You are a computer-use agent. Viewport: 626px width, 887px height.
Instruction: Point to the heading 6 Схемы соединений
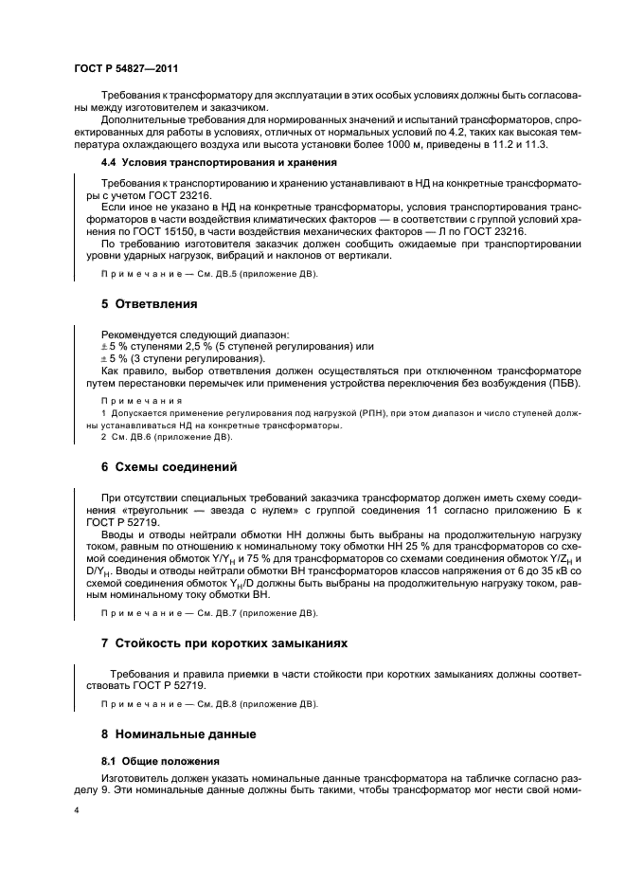tap(169, 466)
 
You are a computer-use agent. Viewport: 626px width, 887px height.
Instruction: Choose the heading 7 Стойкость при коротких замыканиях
tap(224, 643)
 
